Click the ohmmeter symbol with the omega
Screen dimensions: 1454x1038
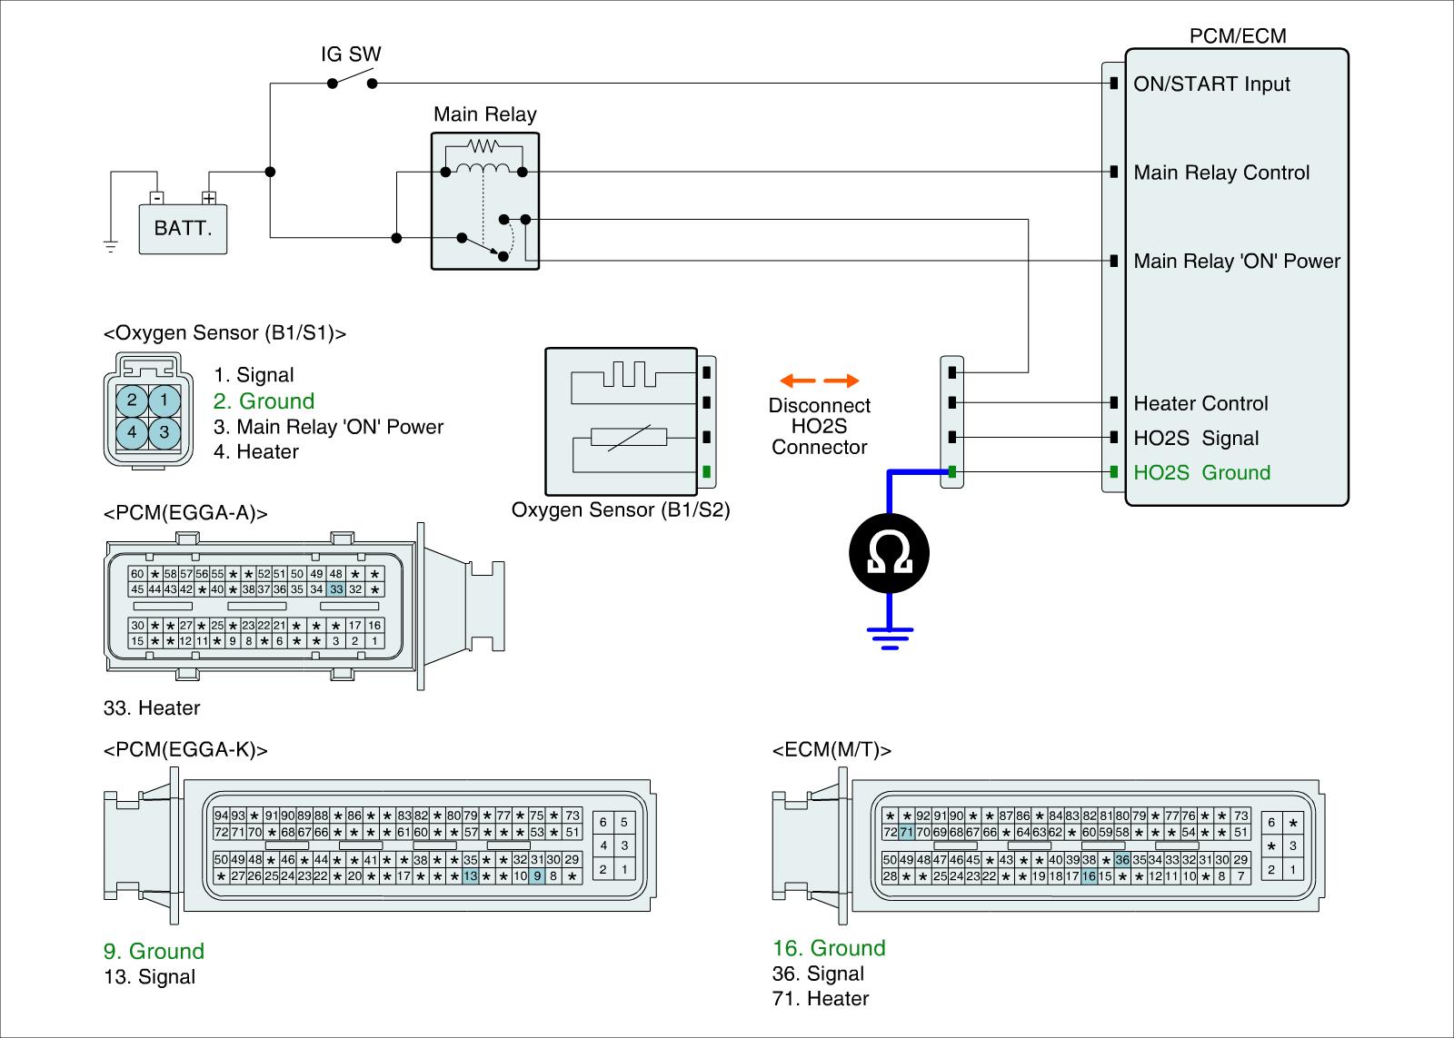(890, 553)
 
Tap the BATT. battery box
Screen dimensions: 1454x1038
(183, 229)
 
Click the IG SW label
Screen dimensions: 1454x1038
(351, 54)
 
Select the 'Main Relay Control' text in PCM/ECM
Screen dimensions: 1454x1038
(1221, 173)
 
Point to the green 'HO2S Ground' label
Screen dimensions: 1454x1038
(1201, 472)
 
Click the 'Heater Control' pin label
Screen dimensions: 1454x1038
(1200, 403)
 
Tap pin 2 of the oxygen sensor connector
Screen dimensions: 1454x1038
(132, 400)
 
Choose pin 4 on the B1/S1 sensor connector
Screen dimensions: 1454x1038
(132, 432)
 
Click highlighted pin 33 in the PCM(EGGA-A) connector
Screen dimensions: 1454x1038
(336, 589)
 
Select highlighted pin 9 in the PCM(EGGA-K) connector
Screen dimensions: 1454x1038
(537, 875)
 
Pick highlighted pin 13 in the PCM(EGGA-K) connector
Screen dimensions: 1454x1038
(470, 875)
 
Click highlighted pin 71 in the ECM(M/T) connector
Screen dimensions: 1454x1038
(906, 832)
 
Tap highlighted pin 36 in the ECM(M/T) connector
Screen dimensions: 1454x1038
(1122, 860)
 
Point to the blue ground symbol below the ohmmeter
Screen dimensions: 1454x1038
(890, 638)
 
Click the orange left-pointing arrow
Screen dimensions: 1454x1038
(797, 381)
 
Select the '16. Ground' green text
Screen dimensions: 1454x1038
(828, 948)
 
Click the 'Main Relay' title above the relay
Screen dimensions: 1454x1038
(485, 114)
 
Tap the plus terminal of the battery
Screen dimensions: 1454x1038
(208, 197)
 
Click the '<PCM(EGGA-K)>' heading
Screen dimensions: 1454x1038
(185, 749)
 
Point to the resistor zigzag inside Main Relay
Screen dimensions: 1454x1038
(483, 145)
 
